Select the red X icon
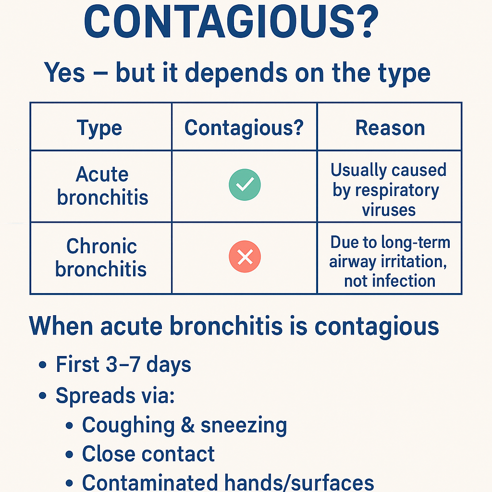point(245,257)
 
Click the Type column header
point(99,128)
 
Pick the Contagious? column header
point(244,128)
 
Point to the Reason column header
point(390,128)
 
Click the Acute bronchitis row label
point(102,186)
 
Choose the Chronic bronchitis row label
point(101,258)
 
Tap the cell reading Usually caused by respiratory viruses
point(388,190)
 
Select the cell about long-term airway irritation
point(390,261)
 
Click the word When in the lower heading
point(61,326)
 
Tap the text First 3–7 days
point(123,364)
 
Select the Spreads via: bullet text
point(115,395)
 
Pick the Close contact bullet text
point(148,454)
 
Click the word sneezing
point(244,426)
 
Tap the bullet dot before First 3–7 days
point(43,365)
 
